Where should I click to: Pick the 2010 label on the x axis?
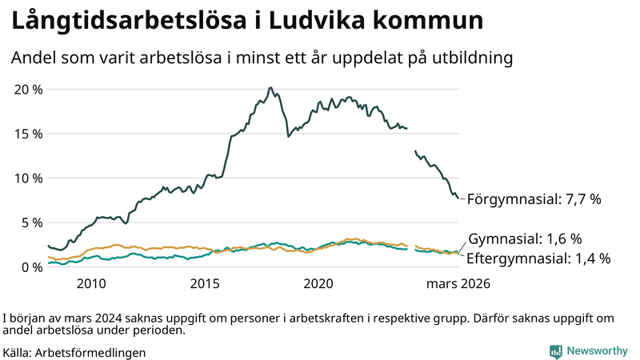click(x=91, y=283)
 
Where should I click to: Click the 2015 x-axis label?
click(x=205, y=283)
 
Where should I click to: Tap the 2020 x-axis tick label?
click(x=318, y=283)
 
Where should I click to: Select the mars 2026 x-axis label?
click(x=458, y=283)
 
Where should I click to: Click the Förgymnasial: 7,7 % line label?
click(x=534, y=199)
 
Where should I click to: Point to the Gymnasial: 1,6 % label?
click(x=525, y=238)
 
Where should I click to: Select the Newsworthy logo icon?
click(x=555, y=351)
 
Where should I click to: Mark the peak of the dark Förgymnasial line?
click(x=270, y=88)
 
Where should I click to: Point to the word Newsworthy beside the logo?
click(x=598, y=351)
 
